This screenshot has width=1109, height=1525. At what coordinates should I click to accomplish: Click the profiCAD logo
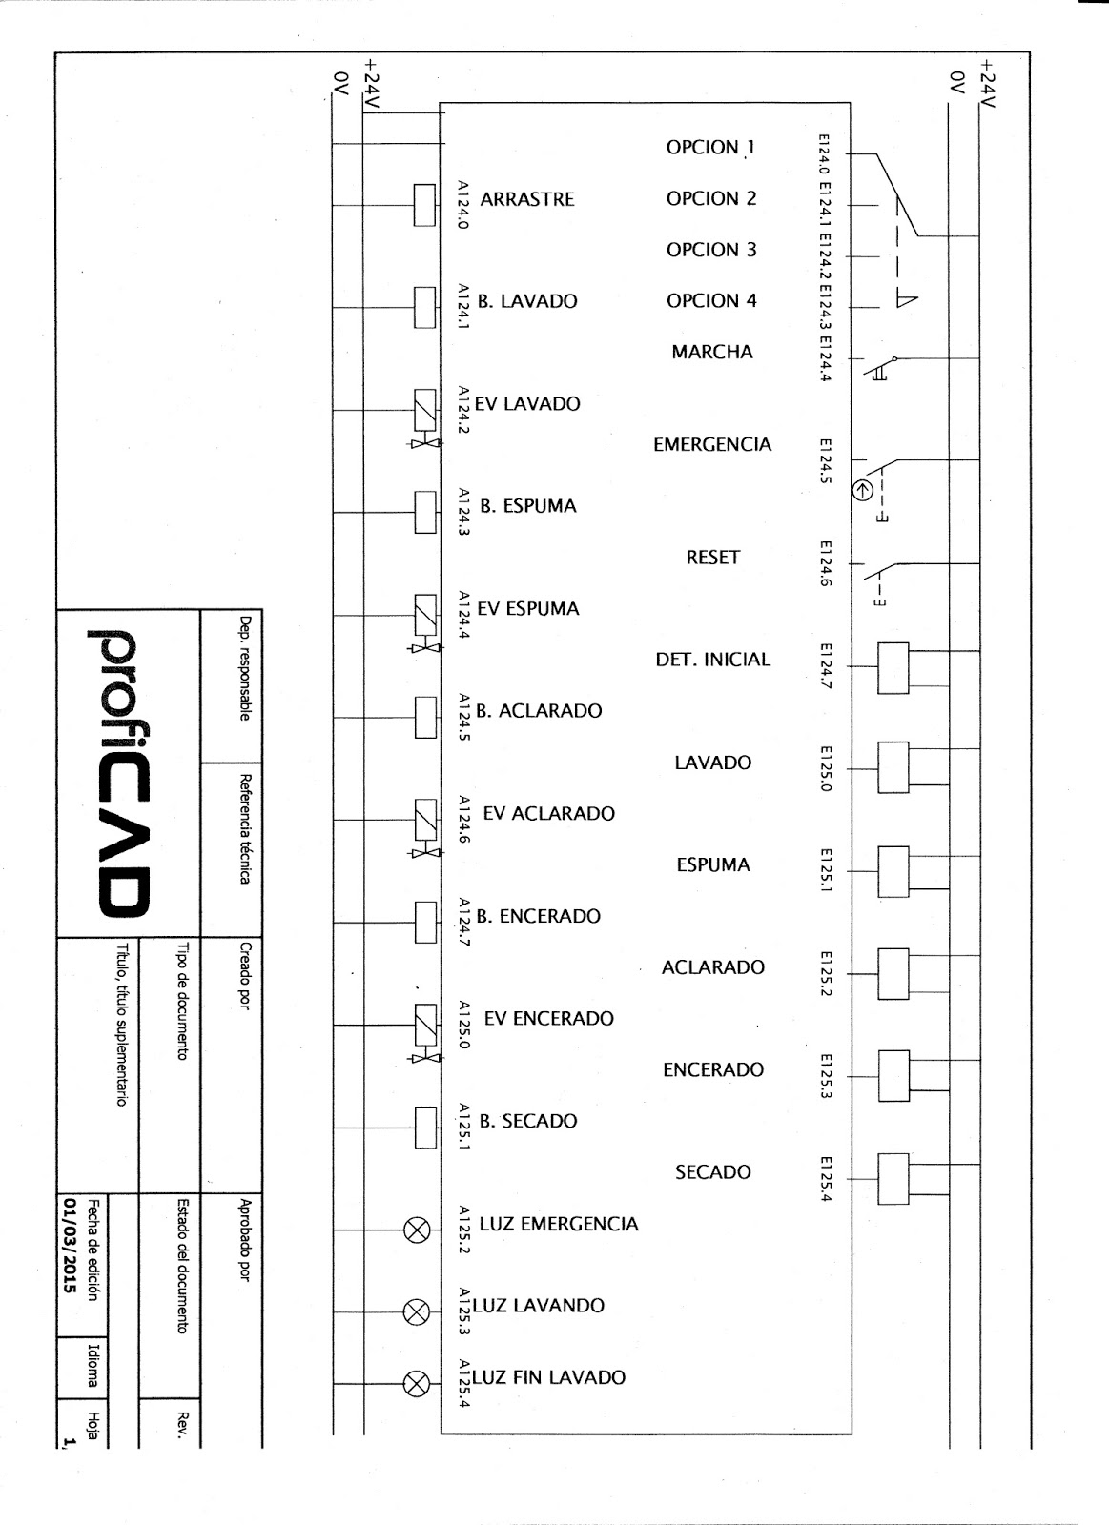point(120,772)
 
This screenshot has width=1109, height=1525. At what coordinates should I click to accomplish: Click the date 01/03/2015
point(70,1245)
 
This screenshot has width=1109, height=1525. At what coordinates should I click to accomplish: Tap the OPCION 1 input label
point(710,148)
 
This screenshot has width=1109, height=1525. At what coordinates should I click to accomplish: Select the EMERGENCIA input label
point(712,445)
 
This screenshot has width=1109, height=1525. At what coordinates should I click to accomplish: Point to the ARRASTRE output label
point(527,199)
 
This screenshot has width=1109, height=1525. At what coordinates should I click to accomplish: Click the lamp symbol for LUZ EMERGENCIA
point(417,1230)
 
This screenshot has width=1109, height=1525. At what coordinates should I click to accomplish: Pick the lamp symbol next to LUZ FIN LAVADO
point(417,1383)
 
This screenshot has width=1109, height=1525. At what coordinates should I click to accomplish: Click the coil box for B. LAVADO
point(424,307)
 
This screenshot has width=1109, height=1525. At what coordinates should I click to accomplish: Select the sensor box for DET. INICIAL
point(893,667)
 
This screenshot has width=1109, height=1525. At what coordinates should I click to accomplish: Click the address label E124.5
point(826,460)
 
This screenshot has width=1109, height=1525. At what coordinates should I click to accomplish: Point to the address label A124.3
point(462,512)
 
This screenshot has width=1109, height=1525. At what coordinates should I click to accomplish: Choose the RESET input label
point(712,558)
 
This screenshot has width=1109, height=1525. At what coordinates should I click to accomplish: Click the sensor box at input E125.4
point(893,1179)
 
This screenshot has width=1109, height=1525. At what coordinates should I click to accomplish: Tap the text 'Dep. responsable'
point(245,667)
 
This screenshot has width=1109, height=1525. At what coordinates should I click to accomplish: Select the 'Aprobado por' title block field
point(245,1239)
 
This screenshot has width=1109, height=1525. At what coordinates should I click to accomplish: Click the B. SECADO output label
point(528,1122)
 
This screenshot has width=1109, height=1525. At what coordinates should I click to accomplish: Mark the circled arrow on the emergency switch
point(862,491)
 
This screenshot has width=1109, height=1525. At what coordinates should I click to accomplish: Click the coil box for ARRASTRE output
point(424,205)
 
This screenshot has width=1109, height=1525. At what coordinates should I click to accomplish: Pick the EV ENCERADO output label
point(549,1019)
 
